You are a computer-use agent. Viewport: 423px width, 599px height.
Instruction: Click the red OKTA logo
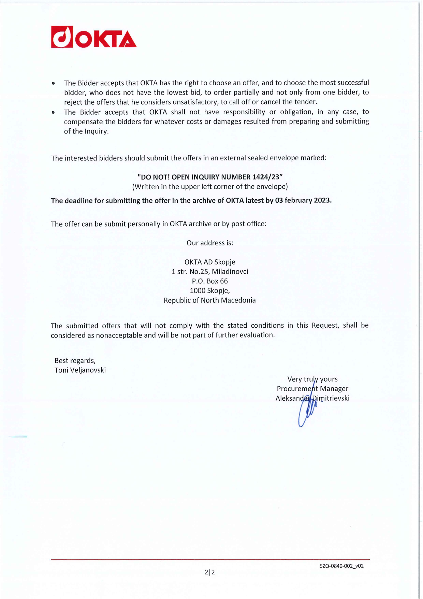[x=94, y=37]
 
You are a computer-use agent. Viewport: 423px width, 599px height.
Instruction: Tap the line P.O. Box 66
[x=209, y=281]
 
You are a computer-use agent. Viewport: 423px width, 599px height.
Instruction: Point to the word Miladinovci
[x=230, y=272]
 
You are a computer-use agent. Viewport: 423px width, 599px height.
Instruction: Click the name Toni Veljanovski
[x=80, y=370]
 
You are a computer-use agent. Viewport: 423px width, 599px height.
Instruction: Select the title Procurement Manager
[x=312, y=389]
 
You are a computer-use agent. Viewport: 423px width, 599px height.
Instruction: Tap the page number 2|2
[x=210, y=572]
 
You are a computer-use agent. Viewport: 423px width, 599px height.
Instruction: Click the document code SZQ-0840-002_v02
[x=341, y=566]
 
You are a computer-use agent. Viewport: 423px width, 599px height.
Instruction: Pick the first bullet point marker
[x=53, y=83]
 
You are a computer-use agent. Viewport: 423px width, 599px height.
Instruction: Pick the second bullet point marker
[x=53, y=112]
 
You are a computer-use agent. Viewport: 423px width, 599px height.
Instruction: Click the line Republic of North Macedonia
[x=209, y=300]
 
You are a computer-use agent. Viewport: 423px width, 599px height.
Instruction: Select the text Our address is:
[x=210, y=243]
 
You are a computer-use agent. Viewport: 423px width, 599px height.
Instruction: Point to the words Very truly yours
[x=312, y=379]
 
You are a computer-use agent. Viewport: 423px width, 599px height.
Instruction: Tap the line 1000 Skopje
[x=210, y=291]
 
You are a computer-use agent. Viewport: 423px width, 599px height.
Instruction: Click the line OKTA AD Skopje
[x=210, y=262]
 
